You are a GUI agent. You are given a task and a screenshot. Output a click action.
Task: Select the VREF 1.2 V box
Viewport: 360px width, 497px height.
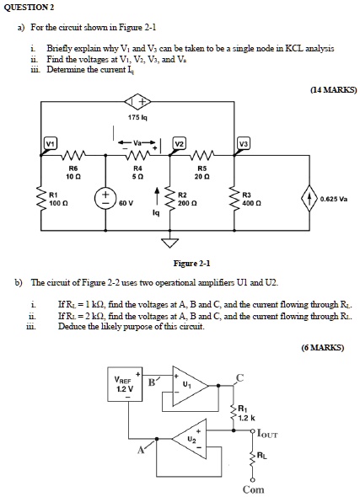pyautogui.click(x=123, y=384)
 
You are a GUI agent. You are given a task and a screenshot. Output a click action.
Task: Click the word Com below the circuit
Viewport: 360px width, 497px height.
pyautogui.click(x=254, y=489)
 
